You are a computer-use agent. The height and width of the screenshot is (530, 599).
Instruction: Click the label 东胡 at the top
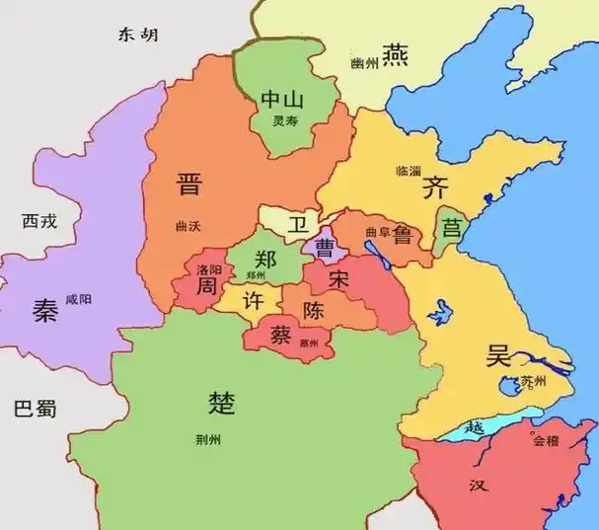(x=137, y=36)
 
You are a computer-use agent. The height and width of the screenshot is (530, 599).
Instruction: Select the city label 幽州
(x=364, y=63)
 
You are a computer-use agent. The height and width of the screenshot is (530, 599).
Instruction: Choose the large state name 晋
(x=188, y=184)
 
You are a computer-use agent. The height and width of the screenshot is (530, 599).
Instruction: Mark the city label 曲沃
(x=187, y=226)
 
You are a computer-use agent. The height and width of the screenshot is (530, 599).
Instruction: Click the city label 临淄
(x=408, y=171)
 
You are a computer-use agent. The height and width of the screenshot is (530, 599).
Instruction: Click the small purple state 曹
(x=323, y=247)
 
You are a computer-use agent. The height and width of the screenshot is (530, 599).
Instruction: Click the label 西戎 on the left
(x=39, y=221)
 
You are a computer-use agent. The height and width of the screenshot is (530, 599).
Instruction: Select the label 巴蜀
(x=37, y=409)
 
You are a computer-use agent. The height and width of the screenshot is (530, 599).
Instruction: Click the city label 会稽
(x=545, y=441)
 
